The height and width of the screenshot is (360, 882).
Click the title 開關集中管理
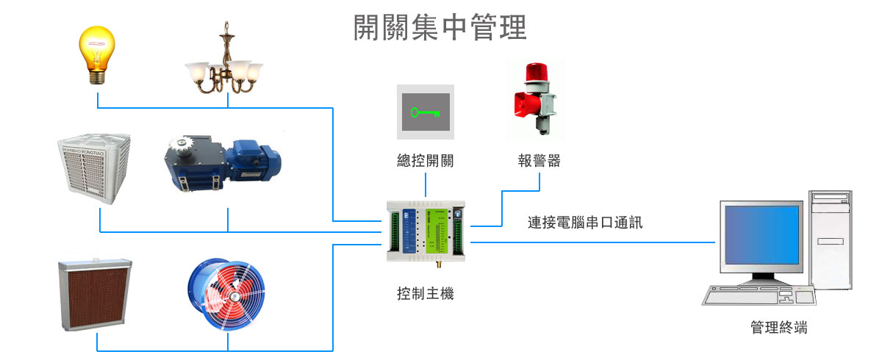(x=440, y=28)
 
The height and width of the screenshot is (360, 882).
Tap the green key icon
(x=426, y=112)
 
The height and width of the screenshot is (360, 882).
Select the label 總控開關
(x=425, y=160)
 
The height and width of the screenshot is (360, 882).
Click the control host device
(x=425, y=232)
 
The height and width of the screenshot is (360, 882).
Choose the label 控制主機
(x=425, y=294)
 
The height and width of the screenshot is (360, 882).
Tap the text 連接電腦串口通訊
(x=585, y=222)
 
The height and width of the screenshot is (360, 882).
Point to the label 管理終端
(x=778, y=328)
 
